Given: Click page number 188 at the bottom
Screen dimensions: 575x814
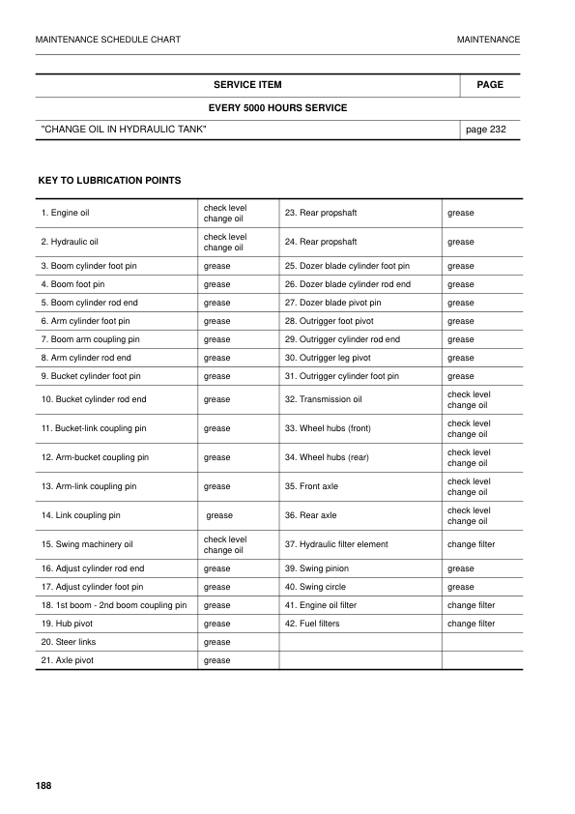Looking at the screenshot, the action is (x=43, y=784).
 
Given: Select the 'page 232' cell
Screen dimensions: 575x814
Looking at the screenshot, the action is (x=485, y=130).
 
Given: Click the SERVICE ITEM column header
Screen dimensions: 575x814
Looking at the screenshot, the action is (x=247, y=85).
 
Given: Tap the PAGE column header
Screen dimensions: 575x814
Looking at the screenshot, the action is (x=490, y=85).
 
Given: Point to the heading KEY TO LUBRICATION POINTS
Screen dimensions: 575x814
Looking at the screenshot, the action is (x=109, y=180).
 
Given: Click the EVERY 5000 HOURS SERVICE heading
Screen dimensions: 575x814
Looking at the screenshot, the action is (x=277, y=107).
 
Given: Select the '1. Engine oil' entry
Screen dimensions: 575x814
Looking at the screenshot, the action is (x=65, y=213).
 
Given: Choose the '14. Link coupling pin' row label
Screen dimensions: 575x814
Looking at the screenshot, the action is (x=81, y=515).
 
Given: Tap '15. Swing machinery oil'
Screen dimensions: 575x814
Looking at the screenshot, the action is (x=87, y=544).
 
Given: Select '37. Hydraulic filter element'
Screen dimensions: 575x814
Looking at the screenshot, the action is (x=336, y=544).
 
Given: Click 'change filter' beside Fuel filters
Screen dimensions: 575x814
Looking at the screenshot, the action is (x=471, y=624).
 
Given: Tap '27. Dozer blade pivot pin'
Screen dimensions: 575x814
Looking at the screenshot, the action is (x=332, y=303).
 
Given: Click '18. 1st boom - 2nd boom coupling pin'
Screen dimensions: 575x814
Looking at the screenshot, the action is (x=114, y=605).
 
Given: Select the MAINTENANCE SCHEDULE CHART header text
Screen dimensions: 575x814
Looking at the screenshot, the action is (x=107, y=40).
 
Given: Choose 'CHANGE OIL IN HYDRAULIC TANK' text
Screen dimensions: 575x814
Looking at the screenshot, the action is (x=124, y=130).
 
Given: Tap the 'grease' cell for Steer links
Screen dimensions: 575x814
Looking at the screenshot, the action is (x=217, y=642).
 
